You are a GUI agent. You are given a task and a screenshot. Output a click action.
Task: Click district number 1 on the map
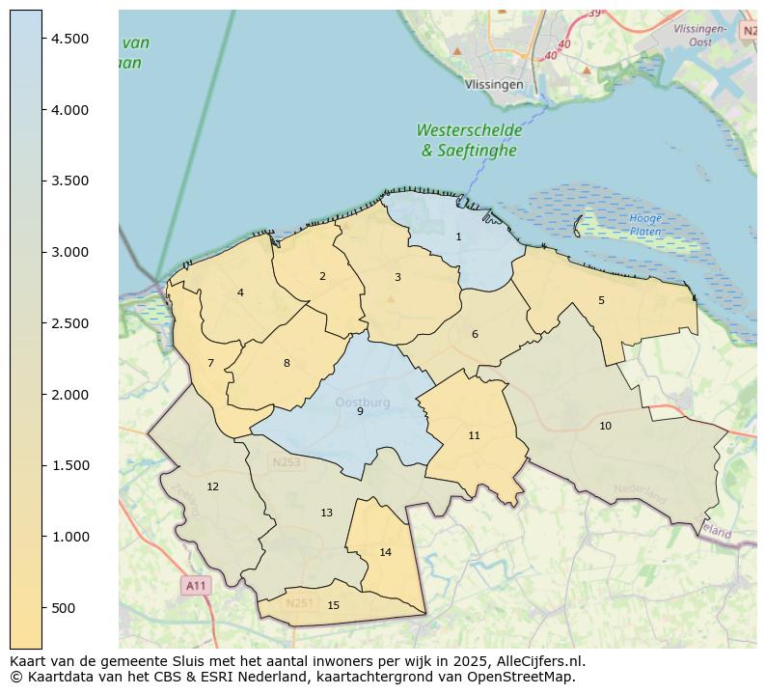click(458, 236)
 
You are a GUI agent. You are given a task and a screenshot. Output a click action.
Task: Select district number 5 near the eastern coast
click(601, 300)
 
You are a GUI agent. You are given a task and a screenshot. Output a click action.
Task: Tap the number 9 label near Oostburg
click(360, 411)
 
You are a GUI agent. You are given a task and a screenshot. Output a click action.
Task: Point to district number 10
click(605, 426)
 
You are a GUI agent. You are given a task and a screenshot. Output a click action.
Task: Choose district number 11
click(474, 435)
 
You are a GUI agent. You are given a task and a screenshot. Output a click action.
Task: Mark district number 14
click(385, 552)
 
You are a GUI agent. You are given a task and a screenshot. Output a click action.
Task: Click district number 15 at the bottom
click(333, 605)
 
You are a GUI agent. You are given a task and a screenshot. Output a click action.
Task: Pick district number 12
click(212, 486)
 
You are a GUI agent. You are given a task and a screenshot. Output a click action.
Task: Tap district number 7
click(210, 363)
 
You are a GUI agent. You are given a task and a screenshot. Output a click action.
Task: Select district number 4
click(240, 292)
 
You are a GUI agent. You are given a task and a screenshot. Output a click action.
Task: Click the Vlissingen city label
click(494, 84)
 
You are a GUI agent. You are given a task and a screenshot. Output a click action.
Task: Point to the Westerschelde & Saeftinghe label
click(469, 140)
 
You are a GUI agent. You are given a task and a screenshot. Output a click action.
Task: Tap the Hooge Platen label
click(645, 225)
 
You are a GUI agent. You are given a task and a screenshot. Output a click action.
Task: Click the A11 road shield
click(196, 585)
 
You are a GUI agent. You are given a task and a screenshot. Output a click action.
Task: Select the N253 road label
click(286, 462)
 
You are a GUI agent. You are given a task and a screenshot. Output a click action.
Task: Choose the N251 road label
click(299, 603)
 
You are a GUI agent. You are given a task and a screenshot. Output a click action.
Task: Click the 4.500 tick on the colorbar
click(70, 39)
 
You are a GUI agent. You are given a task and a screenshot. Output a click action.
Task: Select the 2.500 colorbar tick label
click(70, 323)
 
